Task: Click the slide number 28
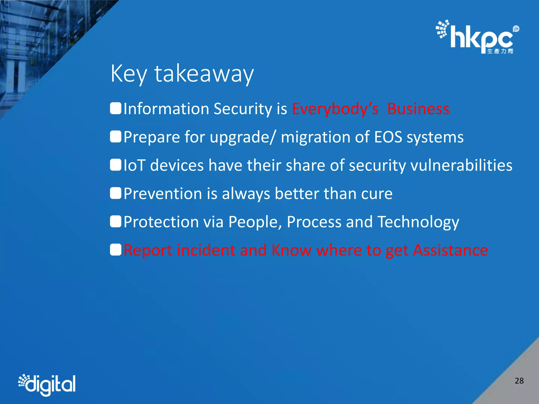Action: tap(519, 381)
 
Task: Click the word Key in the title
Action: tap(128, 74)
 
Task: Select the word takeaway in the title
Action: tap(204, 74)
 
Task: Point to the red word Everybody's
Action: tap(335, 109)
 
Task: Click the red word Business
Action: tap(418, 109)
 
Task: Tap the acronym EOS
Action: tap(388, 137)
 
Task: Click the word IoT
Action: tap(134, 165)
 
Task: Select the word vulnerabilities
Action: tap(461, 165)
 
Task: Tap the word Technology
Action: tap(418, 222)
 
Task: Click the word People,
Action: tap(255, 222)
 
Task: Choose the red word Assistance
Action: tap(450, 250)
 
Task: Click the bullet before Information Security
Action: tap(116, 109)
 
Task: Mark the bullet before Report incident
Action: tap(116, 250)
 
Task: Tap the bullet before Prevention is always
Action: tap(116, 193)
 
